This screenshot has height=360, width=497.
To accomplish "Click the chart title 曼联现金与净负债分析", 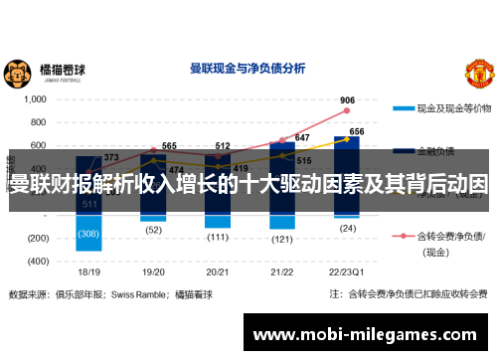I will coord(247,69).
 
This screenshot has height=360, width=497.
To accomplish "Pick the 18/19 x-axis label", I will coord(89,271).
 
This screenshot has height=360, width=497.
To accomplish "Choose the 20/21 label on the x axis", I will coord(218,271).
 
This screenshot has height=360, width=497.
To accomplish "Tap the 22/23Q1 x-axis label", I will coord(347,271).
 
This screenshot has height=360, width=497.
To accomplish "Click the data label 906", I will coord(347,100).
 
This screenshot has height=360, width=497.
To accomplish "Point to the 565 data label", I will coord(169,146).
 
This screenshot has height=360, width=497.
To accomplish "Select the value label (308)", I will coord(89,233).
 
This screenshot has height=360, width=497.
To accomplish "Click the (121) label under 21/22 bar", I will coord(282,239).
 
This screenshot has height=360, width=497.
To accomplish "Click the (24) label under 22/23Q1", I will coord(347,228).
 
